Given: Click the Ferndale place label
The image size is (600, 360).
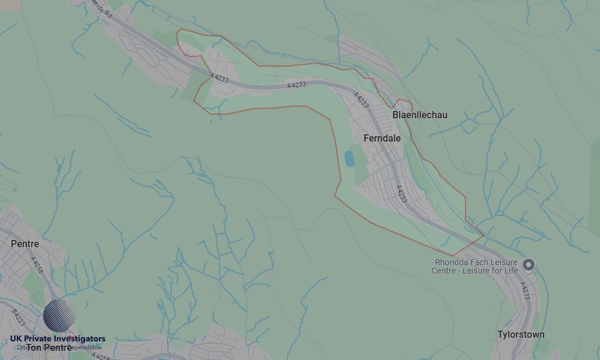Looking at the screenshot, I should coord(382,138).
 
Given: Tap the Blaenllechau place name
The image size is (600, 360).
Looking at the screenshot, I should coord(419,115).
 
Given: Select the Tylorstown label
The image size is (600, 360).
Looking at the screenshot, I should coord(521,334).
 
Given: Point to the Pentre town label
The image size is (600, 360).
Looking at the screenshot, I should coord(25,244).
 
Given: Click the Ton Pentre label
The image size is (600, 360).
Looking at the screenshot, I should coord(49,347).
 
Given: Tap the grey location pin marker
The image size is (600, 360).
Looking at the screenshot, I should coord(528,265).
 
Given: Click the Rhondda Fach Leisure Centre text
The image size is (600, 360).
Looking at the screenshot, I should coord(476,266).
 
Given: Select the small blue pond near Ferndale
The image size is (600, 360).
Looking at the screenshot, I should coord(349,158).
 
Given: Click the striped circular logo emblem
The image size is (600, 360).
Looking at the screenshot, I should coord(59,316).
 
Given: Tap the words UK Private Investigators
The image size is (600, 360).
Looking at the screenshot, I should coord(58,339).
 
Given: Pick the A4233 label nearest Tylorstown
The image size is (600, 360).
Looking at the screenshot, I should coord(524,291).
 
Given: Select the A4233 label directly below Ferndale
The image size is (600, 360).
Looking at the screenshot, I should coord(401,194).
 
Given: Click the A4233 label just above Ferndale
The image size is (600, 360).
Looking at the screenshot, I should coord(361,100).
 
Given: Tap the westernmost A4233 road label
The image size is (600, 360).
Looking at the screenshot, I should coord(220,77).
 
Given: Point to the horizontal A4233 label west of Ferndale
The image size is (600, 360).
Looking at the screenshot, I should coord(296,86).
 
